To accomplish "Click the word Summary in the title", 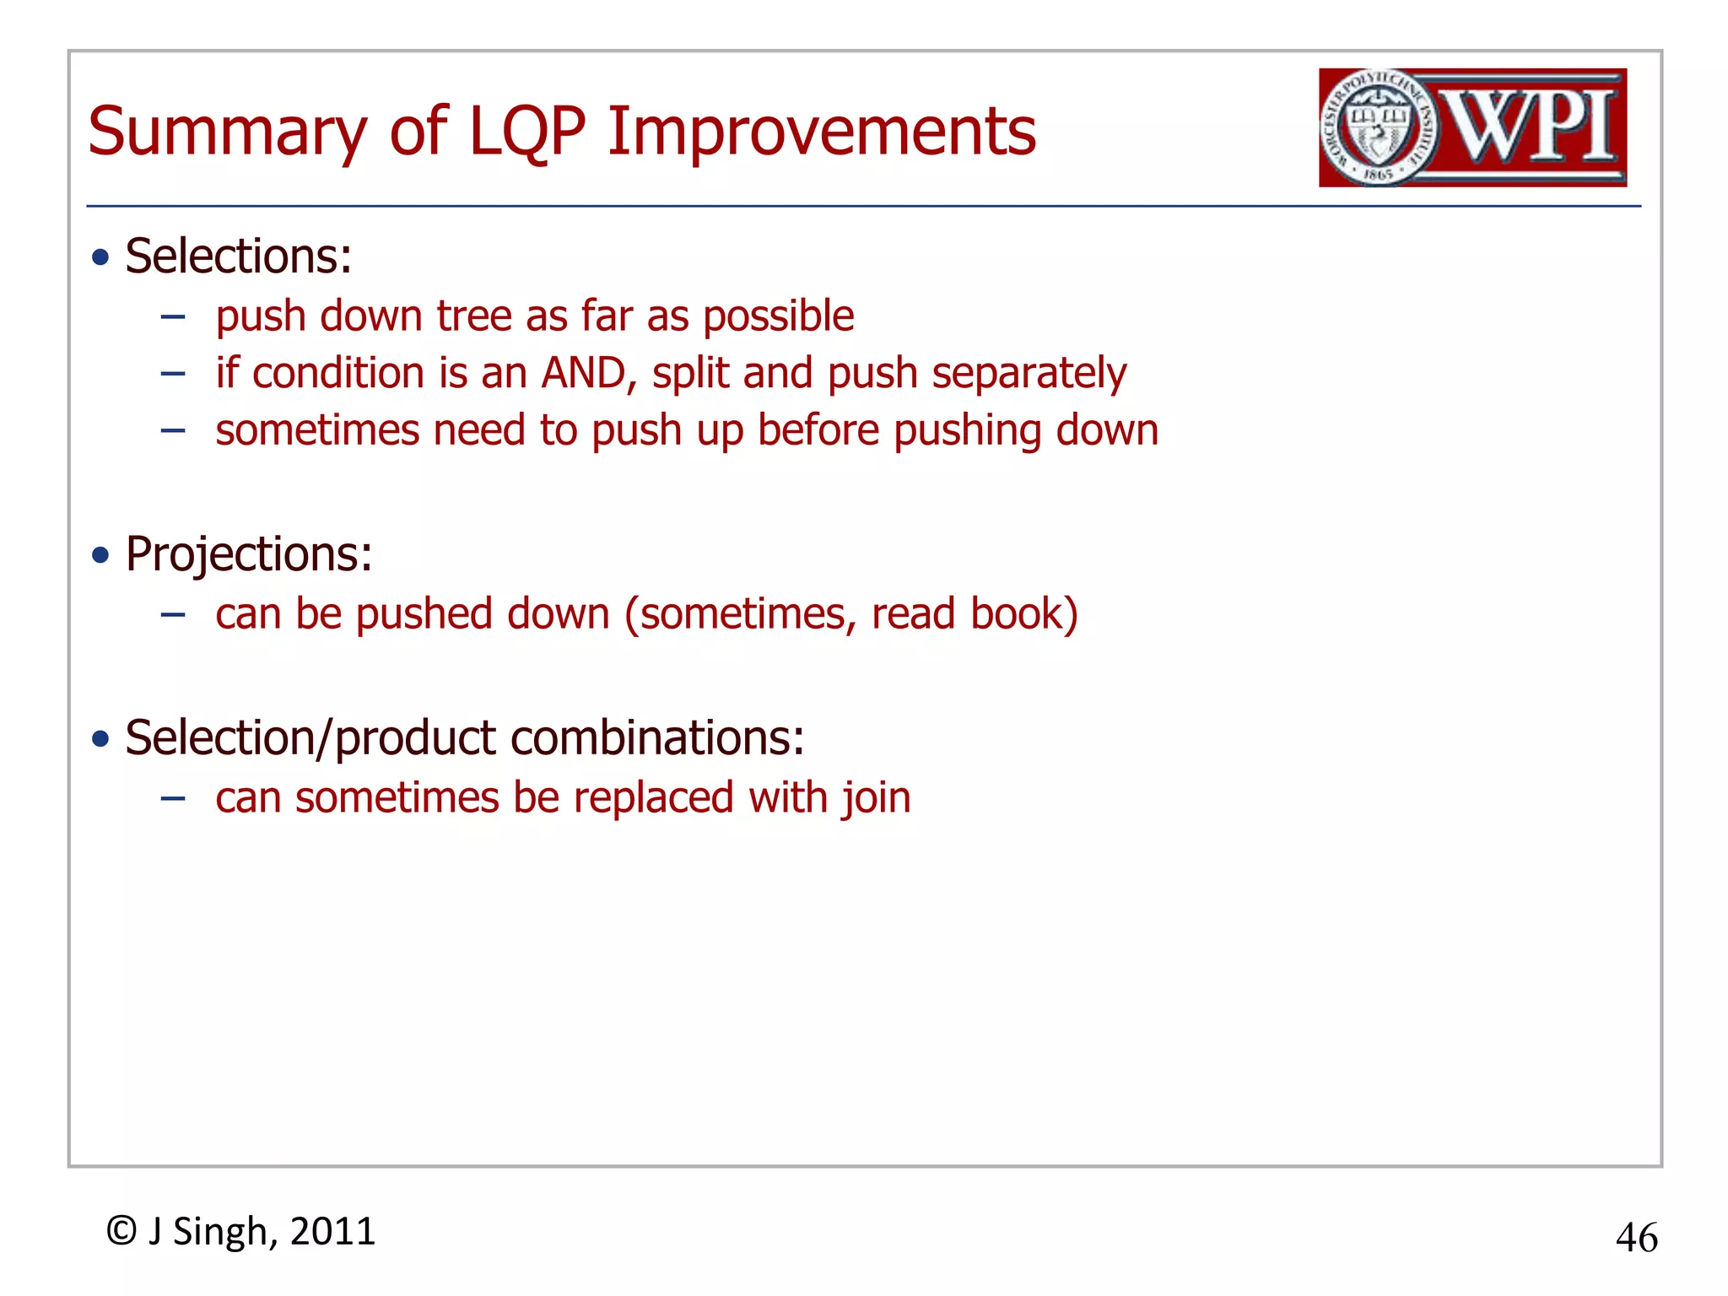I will pos(227,132).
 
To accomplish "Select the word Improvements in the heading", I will pos(821,132).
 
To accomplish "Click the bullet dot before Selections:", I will pos(101,257).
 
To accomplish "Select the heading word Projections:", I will pos(249,554).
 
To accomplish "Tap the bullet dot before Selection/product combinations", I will pos(101,739).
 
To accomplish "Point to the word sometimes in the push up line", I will pos(317,430).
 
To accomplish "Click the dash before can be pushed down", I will pos(173,614).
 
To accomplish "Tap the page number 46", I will pos(1636,1238).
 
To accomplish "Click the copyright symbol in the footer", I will pos(121,1231).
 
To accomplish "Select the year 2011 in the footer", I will pos(332,1231).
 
